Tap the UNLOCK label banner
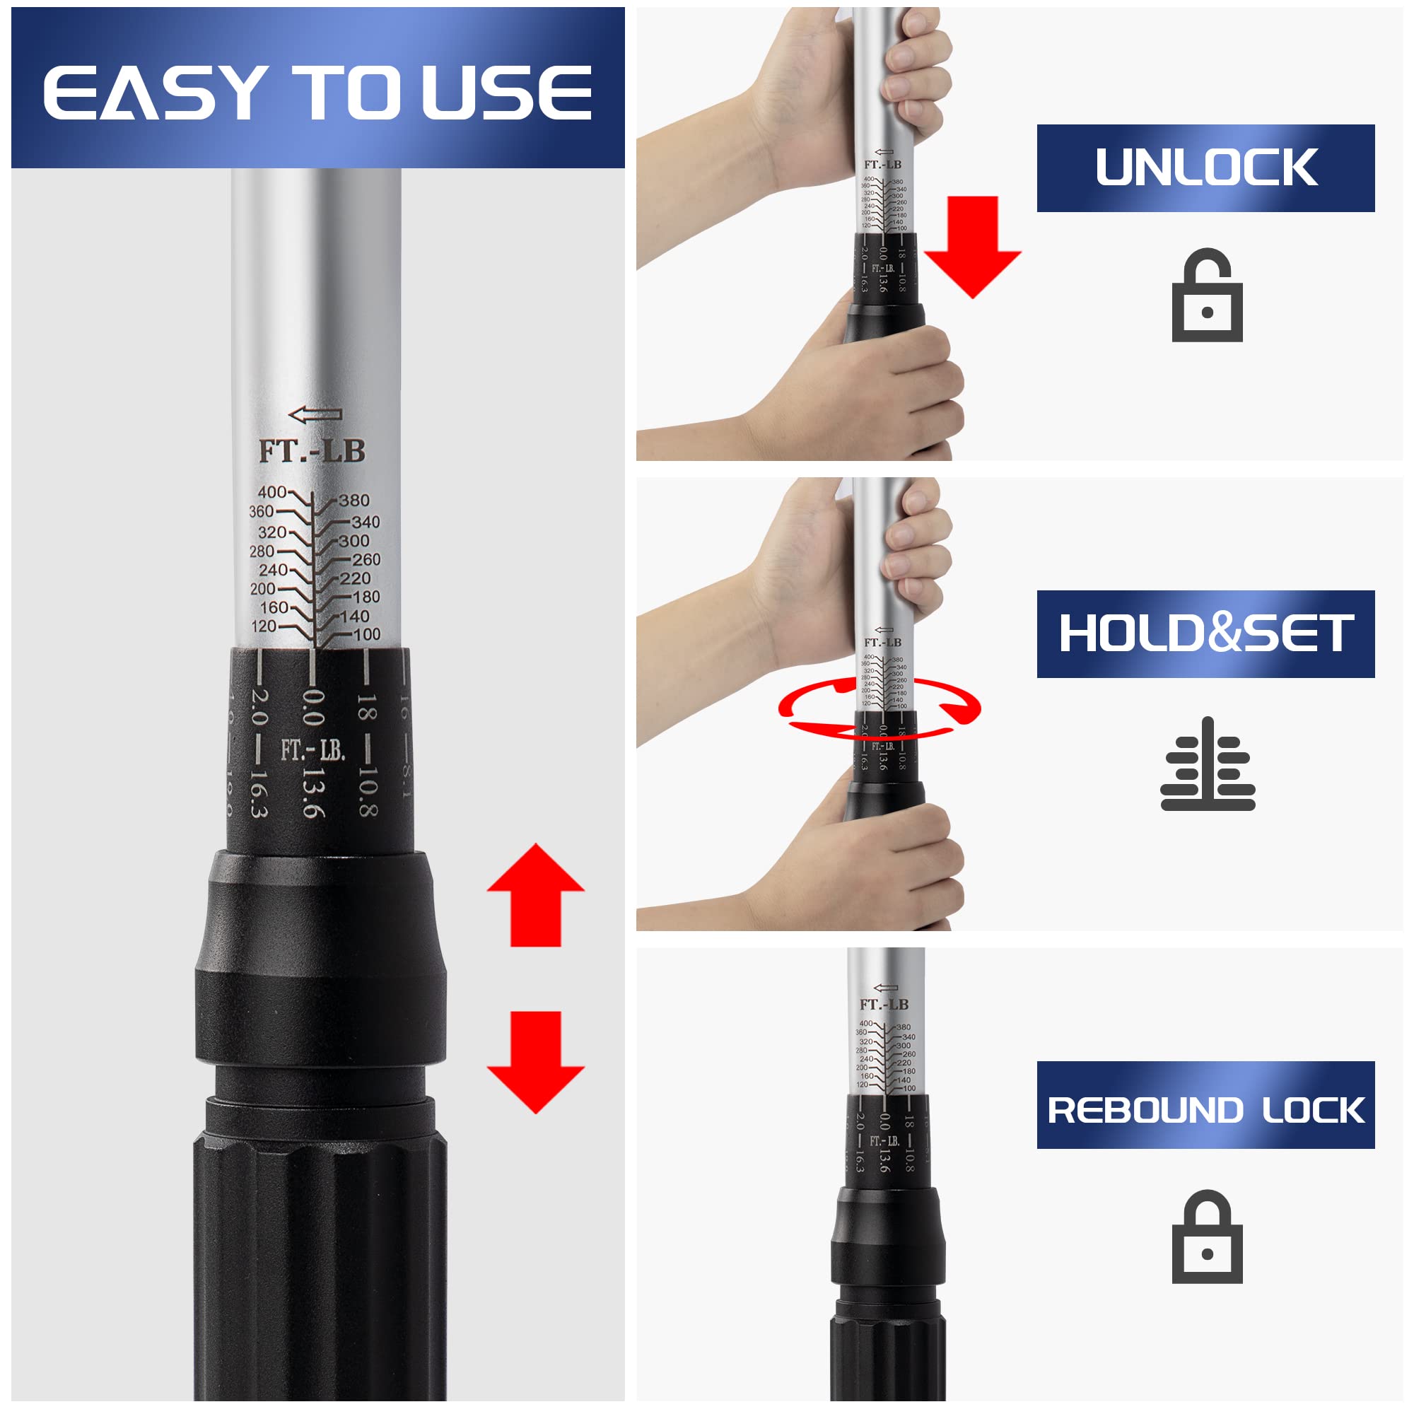(1205, 168)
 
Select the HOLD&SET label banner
(1205, 633)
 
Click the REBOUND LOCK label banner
(1205, 1109)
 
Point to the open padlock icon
(1207, 296)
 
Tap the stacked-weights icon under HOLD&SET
(1207, 765)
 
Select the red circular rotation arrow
(878, 707)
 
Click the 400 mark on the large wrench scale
(271, 493)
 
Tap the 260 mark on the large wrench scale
(366, 560)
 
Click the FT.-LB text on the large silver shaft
(312, 451)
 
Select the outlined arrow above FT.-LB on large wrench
(315, 415)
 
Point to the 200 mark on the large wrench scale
(263, 589)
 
